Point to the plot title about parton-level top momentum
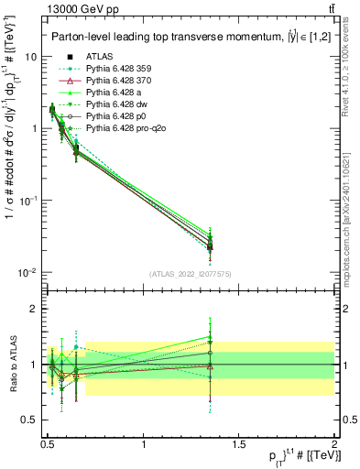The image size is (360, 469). [174, 37]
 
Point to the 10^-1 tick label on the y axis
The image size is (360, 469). [29, 201]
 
